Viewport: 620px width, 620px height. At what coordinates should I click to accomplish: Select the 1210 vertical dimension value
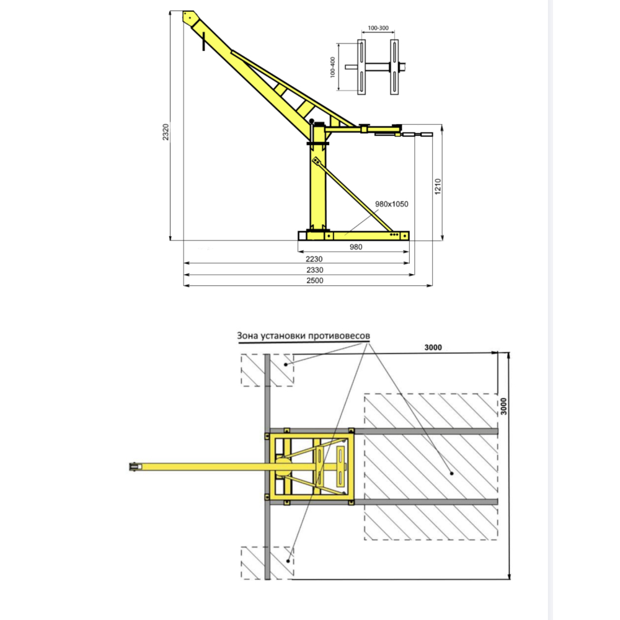click(438, 188)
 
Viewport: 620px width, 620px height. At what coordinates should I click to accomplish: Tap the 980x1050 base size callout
click(391, 204)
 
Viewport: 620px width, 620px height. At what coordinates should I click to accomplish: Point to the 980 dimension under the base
click(355, 247)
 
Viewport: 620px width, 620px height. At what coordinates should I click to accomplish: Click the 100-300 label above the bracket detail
click(378, 29)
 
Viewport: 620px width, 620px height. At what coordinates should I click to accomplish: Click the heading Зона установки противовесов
click(303, 335)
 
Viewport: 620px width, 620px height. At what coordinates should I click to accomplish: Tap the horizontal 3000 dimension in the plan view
click(433, 347)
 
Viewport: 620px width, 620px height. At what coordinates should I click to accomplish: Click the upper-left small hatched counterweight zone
click(267, 370)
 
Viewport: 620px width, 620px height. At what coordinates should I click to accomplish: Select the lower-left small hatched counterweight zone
click(267, 563)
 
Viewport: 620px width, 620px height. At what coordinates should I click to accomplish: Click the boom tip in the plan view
click(133, 466)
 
